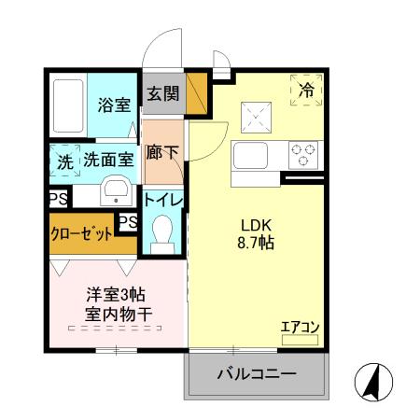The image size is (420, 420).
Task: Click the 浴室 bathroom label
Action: point(114,105)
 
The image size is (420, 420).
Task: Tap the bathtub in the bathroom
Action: point(68,105)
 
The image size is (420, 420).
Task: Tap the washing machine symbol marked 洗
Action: point(64,160)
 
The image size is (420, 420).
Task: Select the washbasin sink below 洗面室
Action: point(117,191)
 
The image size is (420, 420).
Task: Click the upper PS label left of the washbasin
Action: point(58,198)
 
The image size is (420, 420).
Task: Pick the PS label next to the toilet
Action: point(129,221)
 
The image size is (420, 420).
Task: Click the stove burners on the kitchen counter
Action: point(303,153)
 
